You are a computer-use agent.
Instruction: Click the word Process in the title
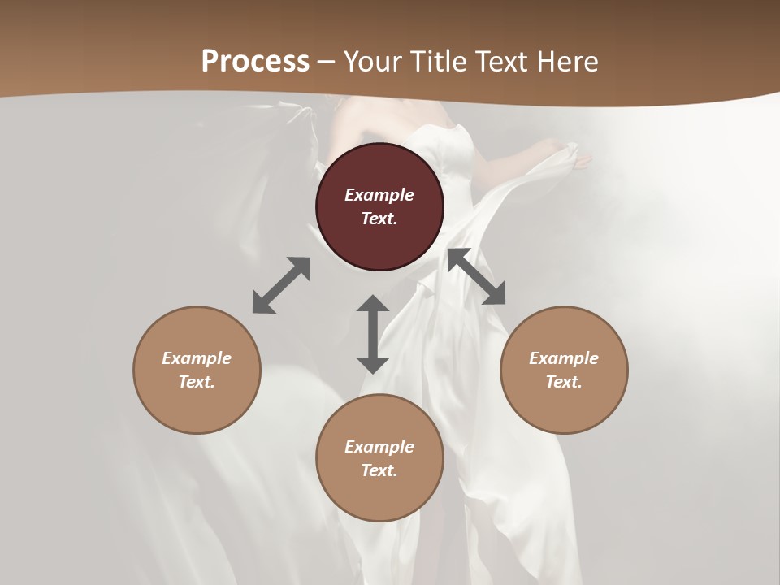coord(255,62)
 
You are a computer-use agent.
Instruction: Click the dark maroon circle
coord(379,206)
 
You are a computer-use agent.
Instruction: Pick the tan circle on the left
coord(197,370)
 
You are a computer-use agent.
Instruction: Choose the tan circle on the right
coord(564,370)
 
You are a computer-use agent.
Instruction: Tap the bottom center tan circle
coord(379,458)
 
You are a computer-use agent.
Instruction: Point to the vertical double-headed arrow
coord(373,334)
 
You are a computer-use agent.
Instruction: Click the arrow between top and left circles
coord(281,285)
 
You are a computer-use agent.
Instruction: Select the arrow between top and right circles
coord(477,276)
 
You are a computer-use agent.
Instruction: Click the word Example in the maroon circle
coord(379,195)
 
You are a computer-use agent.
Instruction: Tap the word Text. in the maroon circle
coord(379,219)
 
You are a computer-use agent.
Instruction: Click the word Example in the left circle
coord(197,358)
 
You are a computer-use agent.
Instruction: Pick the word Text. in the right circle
coord(564,382)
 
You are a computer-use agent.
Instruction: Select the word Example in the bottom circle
coord(379,447)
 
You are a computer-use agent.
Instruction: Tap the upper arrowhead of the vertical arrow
coord(373,305)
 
